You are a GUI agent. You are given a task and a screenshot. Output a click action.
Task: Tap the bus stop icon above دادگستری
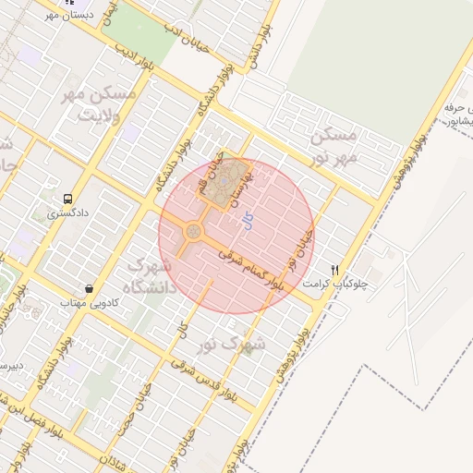[67, 199]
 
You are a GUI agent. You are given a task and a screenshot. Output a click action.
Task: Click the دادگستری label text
[67, 213]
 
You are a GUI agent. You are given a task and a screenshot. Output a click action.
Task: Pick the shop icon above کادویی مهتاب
[89, 289]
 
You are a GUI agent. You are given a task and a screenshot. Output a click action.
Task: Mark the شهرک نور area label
[231, 344]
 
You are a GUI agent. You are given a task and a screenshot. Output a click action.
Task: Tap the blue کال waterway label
[246, 220]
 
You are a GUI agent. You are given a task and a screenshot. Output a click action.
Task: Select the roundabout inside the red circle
[194, 231]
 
